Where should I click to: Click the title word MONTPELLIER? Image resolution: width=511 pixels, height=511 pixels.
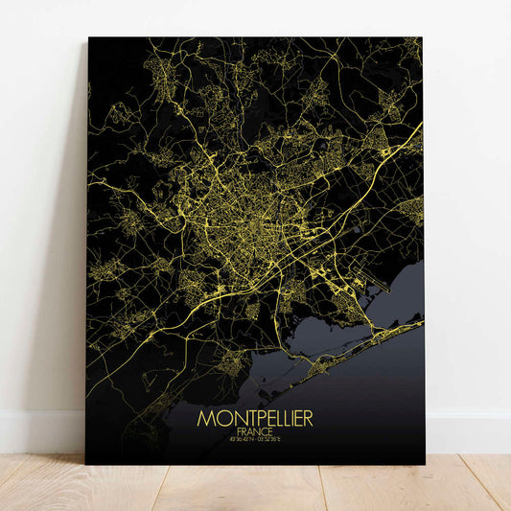255,420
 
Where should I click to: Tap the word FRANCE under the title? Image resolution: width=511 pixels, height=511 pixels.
255,432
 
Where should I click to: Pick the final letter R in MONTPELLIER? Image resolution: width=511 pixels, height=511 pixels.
308,420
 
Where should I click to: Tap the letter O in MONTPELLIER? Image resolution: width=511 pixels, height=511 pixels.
219,420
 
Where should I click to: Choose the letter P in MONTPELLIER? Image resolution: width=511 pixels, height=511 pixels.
252,420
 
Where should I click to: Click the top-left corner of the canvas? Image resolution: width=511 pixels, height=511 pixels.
88,38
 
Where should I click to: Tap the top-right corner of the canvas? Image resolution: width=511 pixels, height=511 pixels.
422,38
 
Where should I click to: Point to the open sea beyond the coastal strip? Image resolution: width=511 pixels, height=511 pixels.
383,393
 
